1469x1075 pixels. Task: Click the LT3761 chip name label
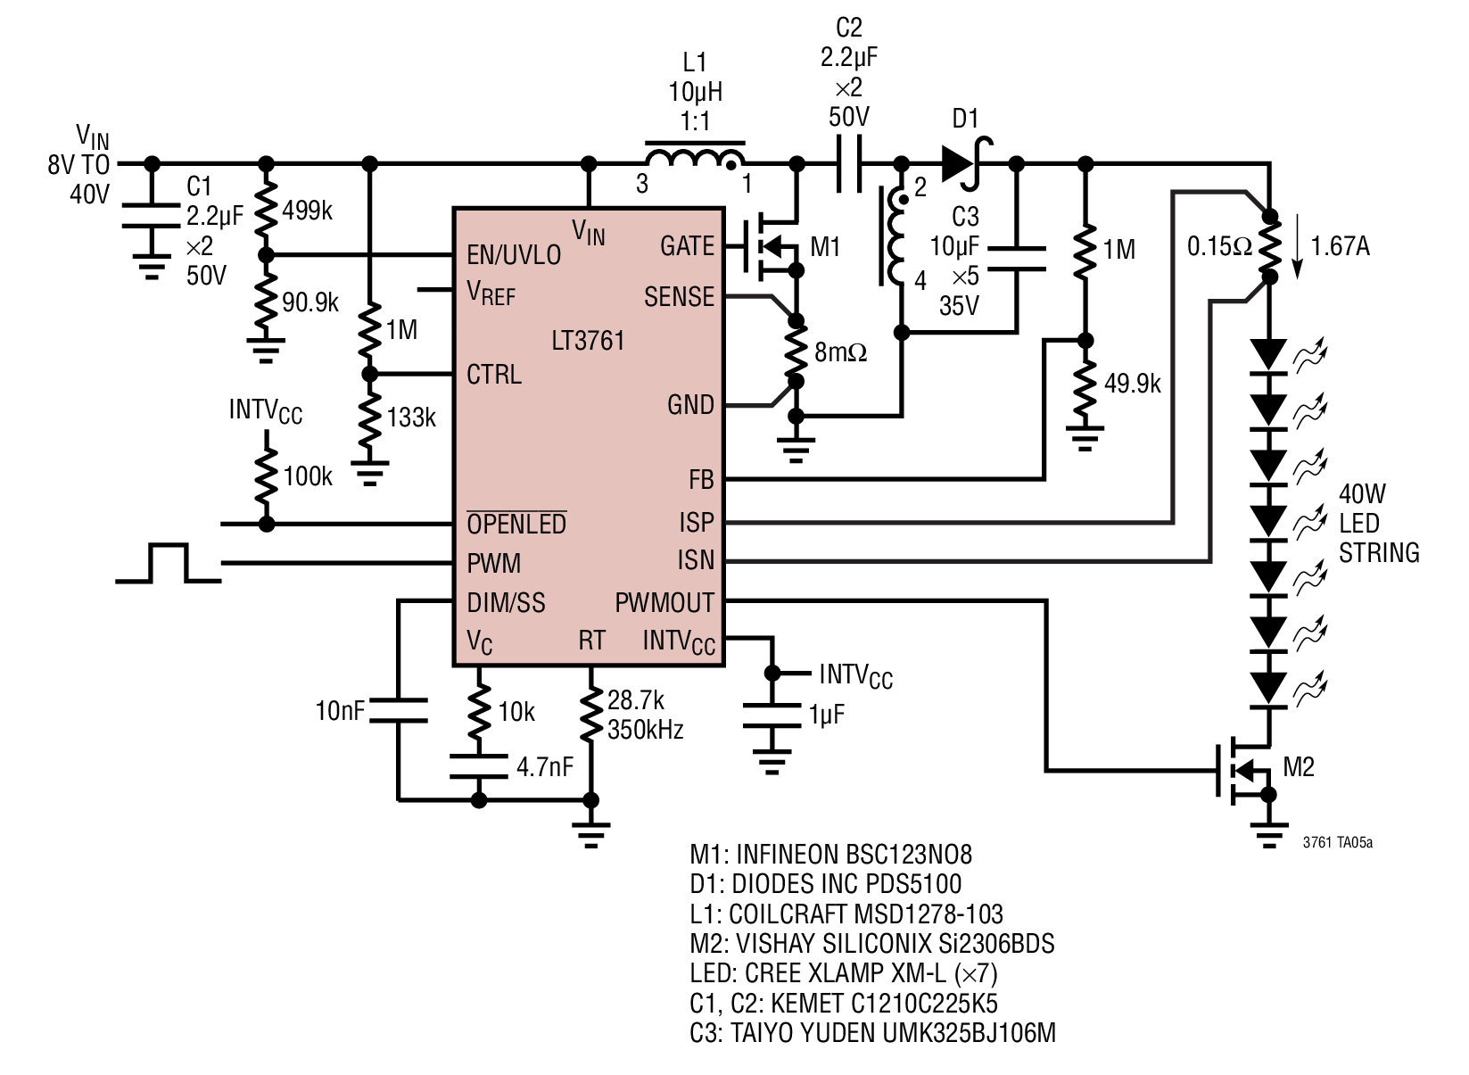pos(588,341)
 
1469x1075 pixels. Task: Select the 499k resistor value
pos(307,211)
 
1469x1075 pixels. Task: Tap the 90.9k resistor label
pos(310,302)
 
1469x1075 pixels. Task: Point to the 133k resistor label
pos(411,418)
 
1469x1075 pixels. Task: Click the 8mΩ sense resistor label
pos(841,353)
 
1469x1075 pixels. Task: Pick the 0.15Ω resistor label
pos(1220,246)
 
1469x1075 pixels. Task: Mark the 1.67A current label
pos(1340,246)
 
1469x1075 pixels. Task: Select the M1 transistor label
pos(825,247)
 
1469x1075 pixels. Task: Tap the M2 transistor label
pos(1299,766)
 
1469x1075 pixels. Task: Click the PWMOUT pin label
pos(664,603)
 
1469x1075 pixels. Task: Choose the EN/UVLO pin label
pos(514,255)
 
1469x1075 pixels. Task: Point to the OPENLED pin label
pos(516,524)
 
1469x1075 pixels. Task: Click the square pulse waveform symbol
pos(169,563)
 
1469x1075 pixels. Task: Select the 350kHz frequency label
pos(646,730)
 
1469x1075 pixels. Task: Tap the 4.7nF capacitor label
pos(545,766)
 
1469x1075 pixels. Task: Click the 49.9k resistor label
pos(1133,384)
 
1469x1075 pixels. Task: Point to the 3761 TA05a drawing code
pos(1338,843)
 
